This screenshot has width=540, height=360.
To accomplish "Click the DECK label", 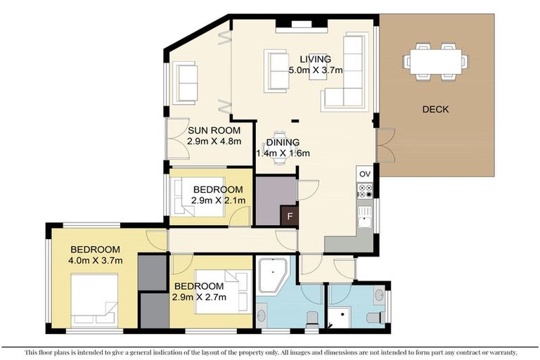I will point(435,109).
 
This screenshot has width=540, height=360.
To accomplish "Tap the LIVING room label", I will point(315,59).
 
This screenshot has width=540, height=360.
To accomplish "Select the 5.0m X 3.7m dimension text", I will point(315,70).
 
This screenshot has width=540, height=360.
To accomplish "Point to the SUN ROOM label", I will point(214,130).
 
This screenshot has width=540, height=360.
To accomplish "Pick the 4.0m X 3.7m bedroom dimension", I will point(96,261).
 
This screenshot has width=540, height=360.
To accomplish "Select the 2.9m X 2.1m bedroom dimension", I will point(218,200).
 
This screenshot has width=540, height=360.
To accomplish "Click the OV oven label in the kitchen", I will point(364,174).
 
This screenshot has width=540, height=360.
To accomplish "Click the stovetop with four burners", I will point(364,190).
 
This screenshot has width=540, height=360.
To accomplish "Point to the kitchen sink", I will point(364,218).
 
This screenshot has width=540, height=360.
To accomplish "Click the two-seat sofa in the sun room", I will point(186,83).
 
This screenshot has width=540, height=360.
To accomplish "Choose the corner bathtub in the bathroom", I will point(272,276).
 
